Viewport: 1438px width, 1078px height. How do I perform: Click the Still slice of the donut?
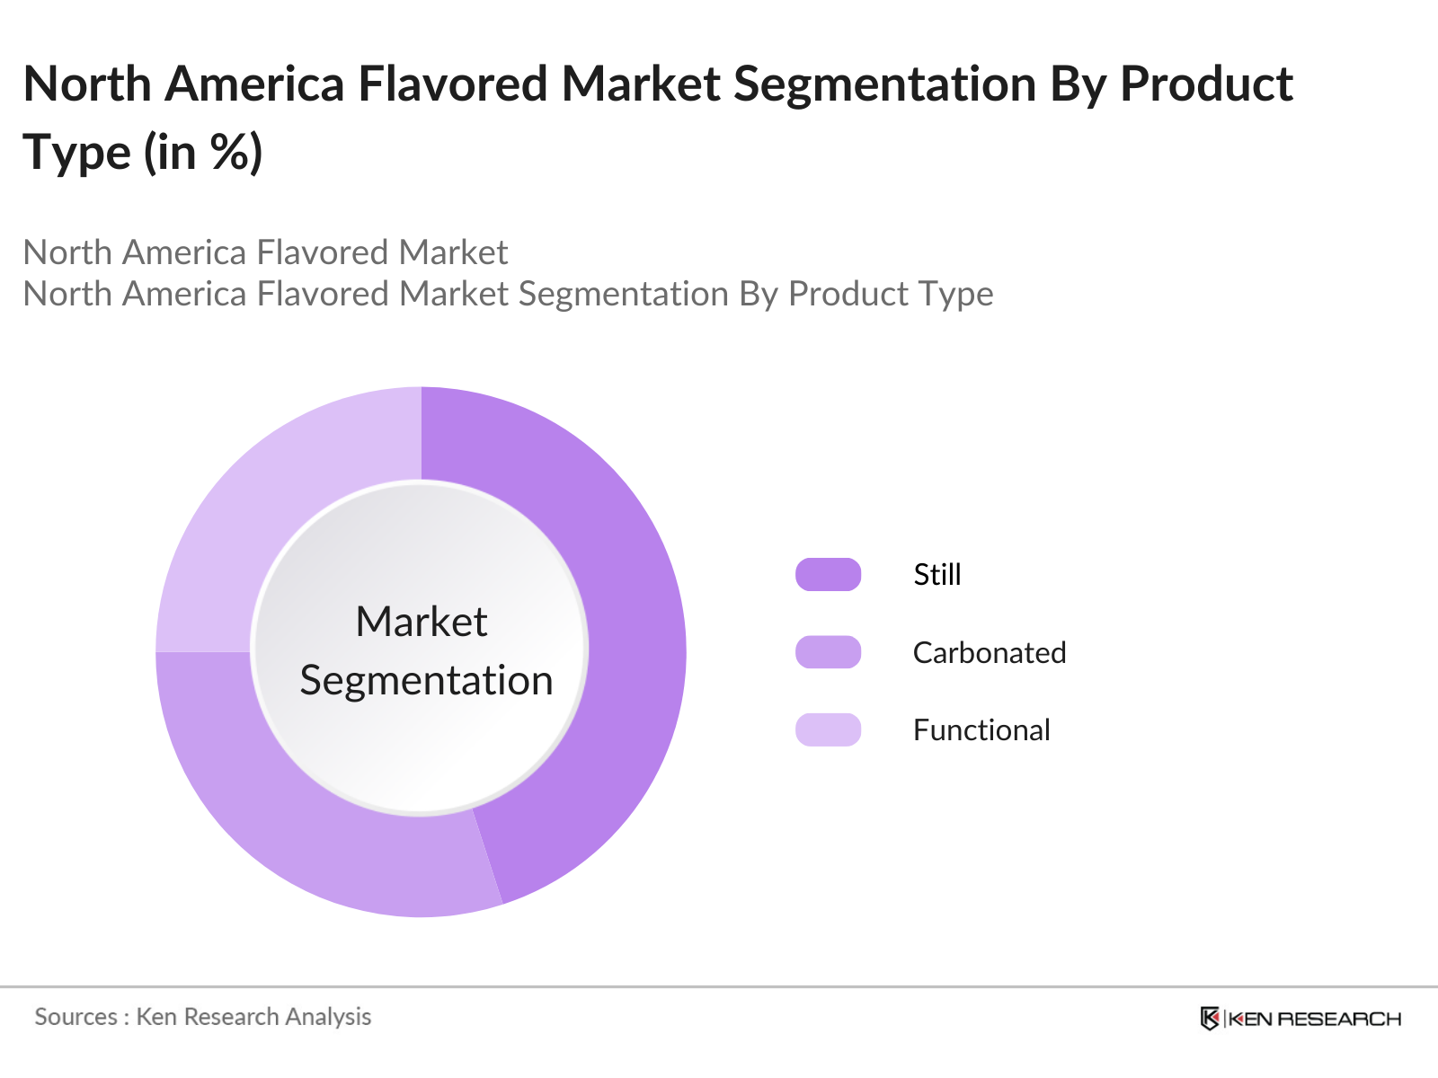click(629, 629)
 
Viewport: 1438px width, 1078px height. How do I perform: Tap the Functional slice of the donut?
click(270, 503)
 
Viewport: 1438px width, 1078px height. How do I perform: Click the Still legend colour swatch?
click(828, 574)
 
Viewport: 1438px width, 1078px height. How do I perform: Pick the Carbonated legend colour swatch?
click(828, 652)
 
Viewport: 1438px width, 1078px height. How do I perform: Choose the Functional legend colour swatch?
click(828, 729)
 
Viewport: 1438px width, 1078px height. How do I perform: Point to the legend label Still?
click(937, 574)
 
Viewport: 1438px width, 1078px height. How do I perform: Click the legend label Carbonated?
click(990, 652)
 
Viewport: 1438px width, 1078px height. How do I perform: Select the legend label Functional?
click(981, 729)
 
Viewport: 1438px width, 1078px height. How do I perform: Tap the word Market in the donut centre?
click(421, 622)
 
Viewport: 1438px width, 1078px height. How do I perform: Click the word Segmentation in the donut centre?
click(426, 680)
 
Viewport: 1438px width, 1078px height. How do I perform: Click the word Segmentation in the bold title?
click(885, 84)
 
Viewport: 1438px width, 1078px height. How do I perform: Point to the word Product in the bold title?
click(1206, 84)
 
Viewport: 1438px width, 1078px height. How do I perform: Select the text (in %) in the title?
click(203, 153)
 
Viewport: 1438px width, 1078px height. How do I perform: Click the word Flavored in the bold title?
click(453, 84)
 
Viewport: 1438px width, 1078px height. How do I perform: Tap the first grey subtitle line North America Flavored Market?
click(265, 252)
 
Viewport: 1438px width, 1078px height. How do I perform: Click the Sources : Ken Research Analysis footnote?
click(203, 1016)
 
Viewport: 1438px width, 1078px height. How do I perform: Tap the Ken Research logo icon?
click(1210, 1018)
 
